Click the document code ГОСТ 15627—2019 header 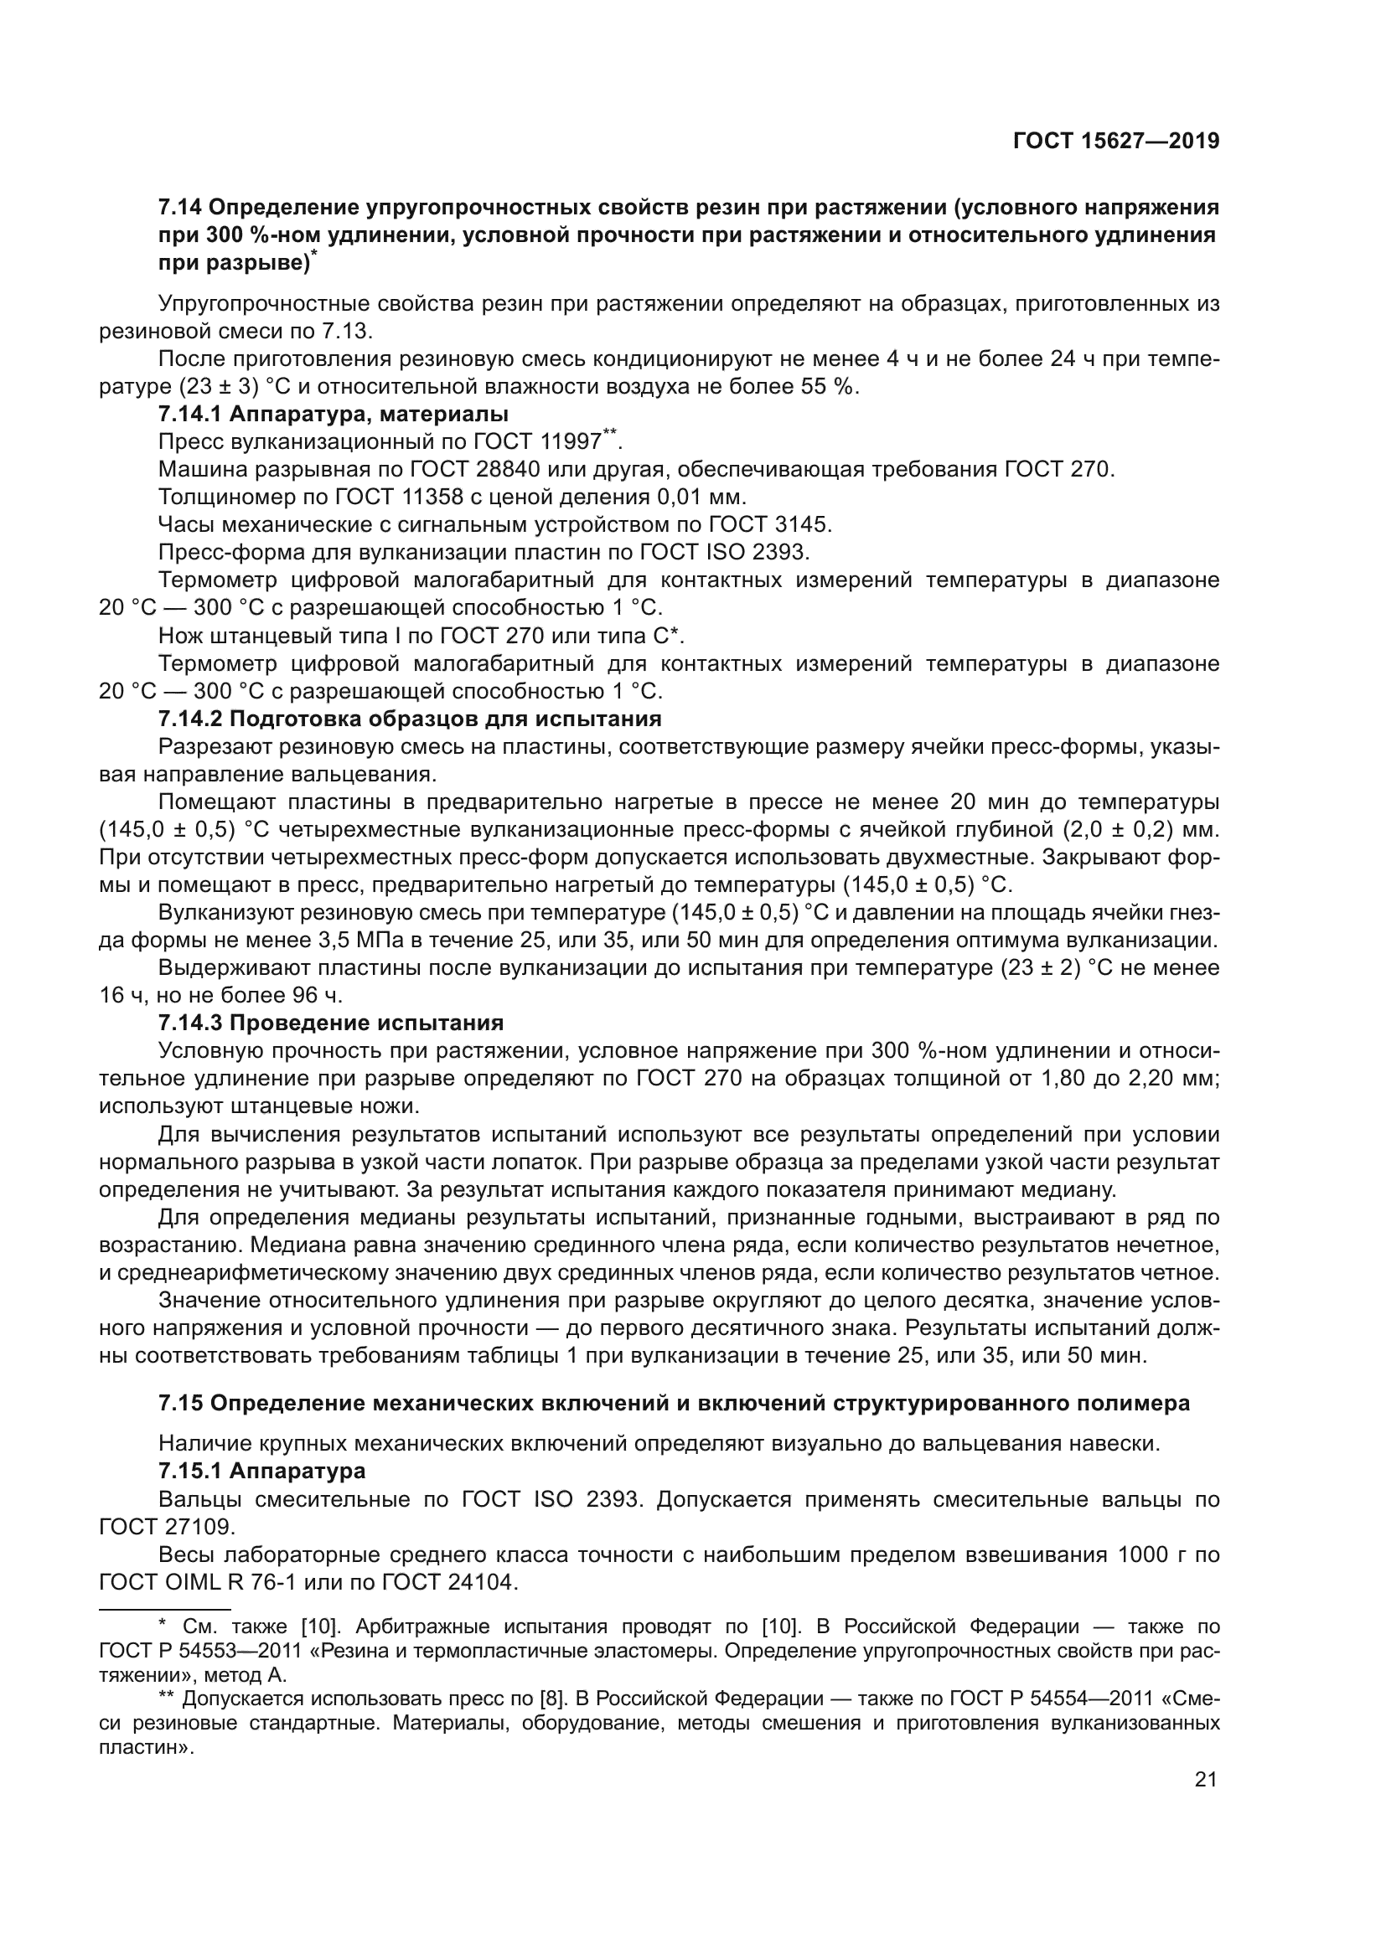(x=1115, y=142)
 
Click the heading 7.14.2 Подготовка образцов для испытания (x=410, y=719)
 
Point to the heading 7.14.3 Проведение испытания (x=331, y=1023)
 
